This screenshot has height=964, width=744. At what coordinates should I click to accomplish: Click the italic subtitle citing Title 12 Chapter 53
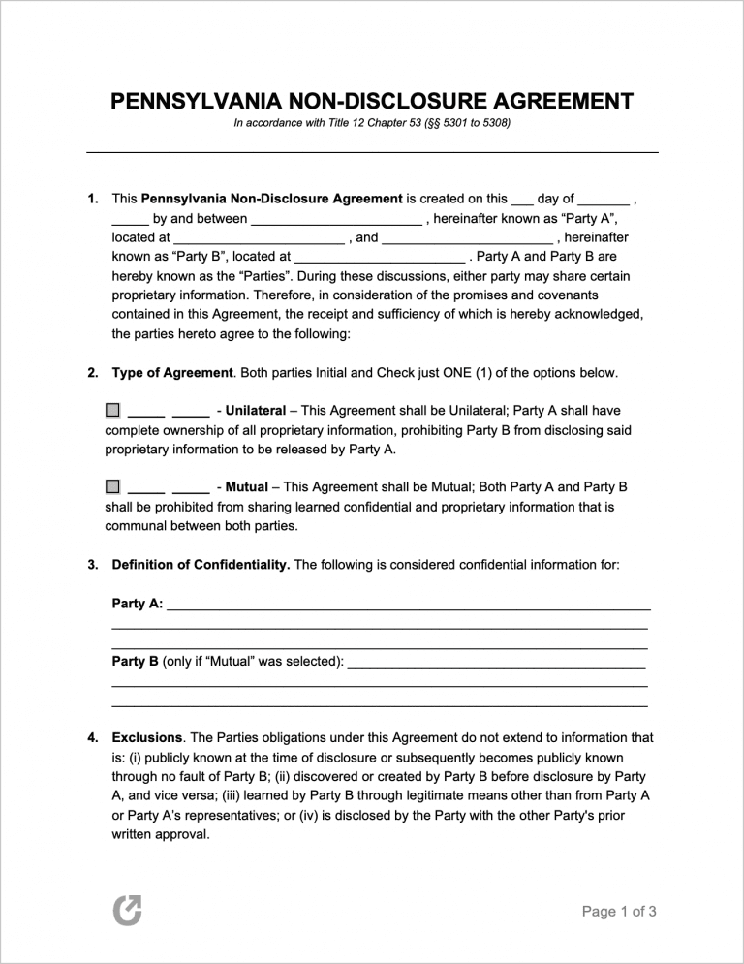372,124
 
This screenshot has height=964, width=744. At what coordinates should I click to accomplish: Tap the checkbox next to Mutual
112,485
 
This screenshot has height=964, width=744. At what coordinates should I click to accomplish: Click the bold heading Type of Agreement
172,372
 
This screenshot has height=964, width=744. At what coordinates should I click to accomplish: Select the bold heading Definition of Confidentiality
201,564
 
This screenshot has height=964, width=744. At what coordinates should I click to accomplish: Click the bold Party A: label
138,604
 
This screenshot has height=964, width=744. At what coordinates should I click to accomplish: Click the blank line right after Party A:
408,606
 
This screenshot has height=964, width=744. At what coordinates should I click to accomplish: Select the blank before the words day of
521,201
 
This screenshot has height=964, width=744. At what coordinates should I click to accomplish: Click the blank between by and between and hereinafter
336,221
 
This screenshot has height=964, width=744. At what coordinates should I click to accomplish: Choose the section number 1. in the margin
92,199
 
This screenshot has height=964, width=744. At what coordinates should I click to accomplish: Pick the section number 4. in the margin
92,737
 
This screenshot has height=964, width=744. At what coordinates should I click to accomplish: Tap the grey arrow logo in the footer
127,909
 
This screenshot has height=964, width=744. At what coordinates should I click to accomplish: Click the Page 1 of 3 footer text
619,911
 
